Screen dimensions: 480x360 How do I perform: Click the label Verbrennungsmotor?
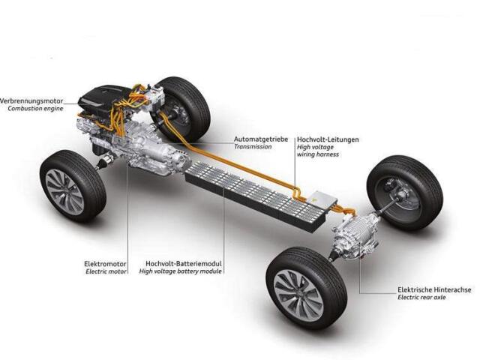pyautogui.click(x=31, y=100)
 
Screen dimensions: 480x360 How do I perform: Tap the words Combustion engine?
pyautogui.click(x=35, y=108)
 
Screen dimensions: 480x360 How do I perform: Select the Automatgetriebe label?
pyautogui.click(x=261, y=139)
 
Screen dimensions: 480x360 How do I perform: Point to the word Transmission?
pyautogui.click(x=253, y=147)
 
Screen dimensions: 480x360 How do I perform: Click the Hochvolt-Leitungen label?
pyautogui.click(x=328, y=139)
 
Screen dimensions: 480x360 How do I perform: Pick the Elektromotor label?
pyautogui.click(x=105, y=264)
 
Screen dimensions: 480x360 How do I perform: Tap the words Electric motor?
pyautogui.click(x=106, y=271)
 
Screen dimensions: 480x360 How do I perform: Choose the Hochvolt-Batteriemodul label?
pyautogui.click(x=184, y=263)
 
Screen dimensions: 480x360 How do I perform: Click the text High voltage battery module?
pyautogui.click(x=180, y=271)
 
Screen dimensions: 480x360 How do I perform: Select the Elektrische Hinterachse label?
pyautogui.click(x=434, y=289)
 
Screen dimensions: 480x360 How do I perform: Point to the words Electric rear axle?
pyautogui.click(x=421, y=297)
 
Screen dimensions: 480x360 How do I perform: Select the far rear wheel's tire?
pyautogui.click(x=405, y=192)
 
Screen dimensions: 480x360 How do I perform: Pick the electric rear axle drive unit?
pyautogui.click(x=355, y=235)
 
